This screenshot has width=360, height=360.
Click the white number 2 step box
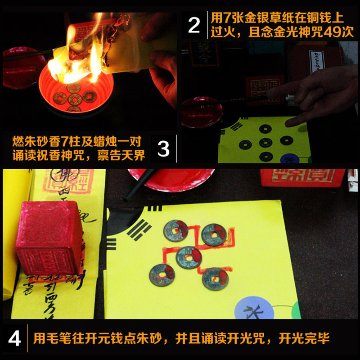click(x=193, y=25)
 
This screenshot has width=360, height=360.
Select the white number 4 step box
click(x=14, y=339)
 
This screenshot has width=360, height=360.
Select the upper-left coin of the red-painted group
click(x=175, y=230)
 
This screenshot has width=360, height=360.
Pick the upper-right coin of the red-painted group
click(x=211, y=234)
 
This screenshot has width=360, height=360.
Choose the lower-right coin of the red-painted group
click(x=214, y=279)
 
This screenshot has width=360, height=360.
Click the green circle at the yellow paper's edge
click(x=296, y=310)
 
